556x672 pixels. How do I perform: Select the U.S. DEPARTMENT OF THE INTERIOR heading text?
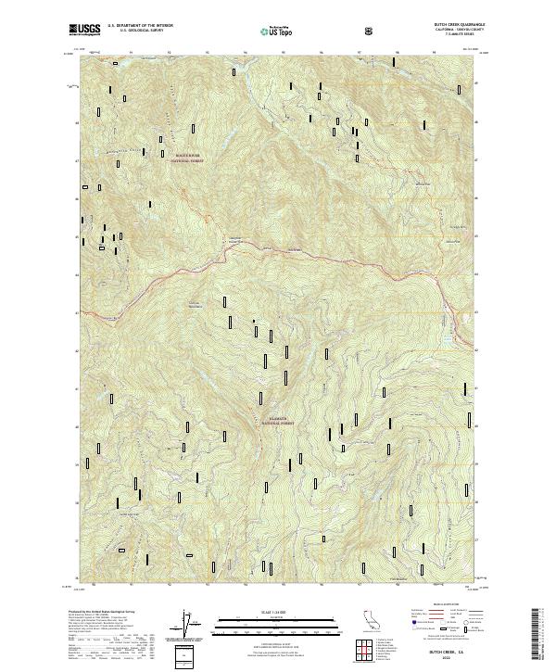[140, 25]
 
